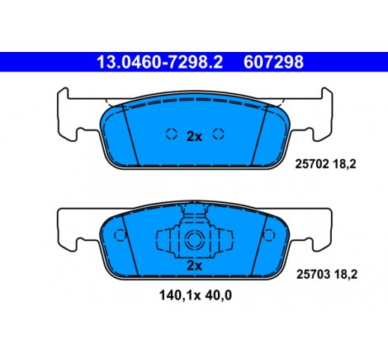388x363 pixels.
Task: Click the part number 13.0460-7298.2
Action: (159, 62)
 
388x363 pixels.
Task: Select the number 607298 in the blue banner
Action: (273, 62)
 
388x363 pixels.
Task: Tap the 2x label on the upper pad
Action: (194, 137)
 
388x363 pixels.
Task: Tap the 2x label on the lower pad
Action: (194, 266)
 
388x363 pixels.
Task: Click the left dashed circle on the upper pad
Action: (172, 134)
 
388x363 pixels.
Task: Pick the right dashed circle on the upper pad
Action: (219, 134)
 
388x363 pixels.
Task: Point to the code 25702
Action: (312, 164)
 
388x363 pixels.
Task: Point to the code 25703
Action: (313, 274)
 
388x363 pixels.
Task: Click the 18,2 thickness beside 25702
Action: (344, 164)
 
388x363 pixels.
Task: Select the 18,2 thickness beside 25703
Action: (346, 275)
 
